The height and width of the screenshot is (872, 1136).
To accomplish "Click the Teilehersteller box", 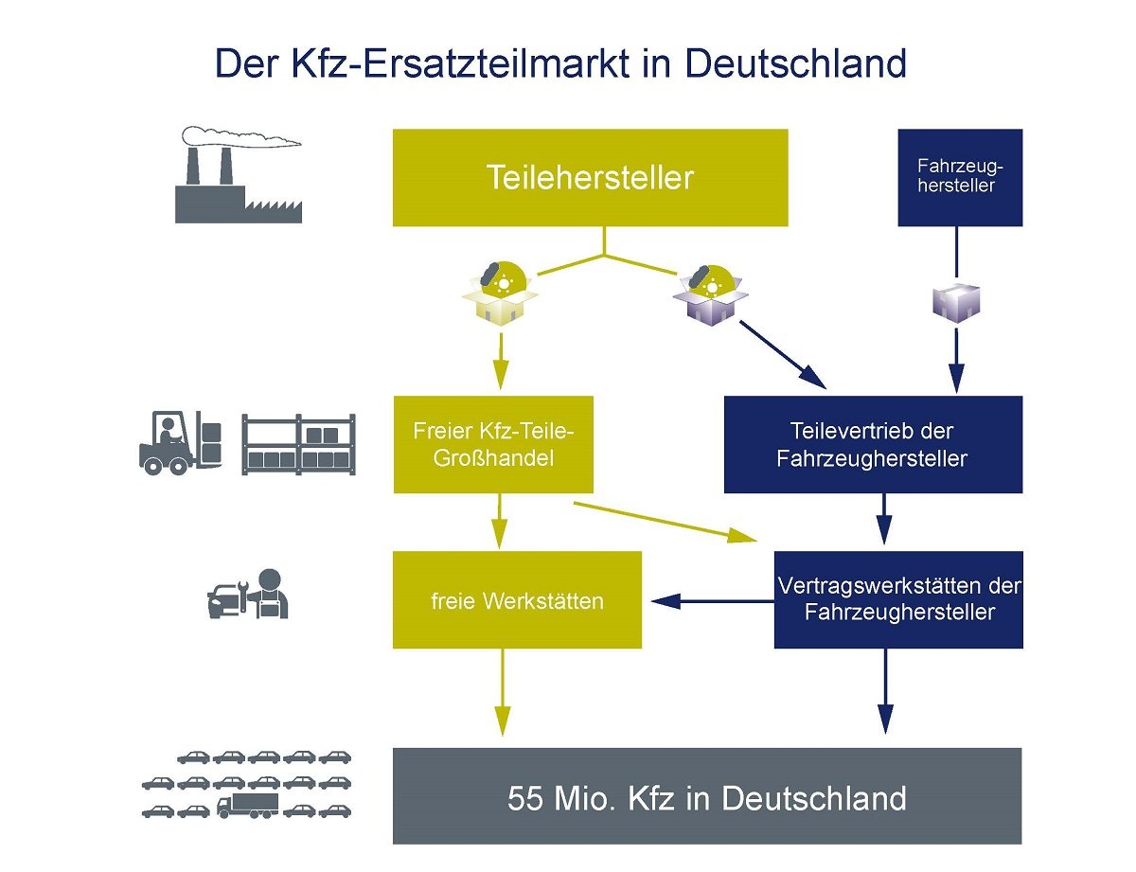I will pyautogui.click(x=590, y=178).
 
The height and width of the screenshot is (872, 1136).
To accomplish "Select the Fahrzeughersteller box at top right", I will pyautogui.click(x=960, y=178).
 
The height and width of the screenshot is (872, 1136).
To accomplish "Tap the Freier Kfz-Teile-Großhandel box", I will pyautogui.click(x=493, y=444).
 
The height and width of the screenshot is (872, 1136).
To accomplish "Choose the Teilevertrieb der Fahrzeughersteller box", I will pyautogui.click(x=872, y=444).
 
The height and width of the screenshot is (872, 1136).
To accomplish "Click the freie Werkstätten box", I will pyautogui.click(x=517, y=600).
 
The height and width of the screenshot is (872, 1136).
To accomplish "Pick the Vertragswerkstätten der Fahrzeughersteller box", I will pyautogui.click(x=898, y=600).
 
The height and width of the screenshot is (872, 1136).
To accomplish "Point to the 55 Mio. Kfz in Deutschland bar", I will pyautogui.click(x=707, y=796).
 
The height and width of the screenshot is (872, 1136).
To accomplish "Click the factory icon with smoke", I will pyautogui.click(x=238, y=180).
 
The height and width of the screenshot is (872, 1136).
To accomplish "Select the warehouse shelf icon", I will pyautogui.click(x=298, y=444).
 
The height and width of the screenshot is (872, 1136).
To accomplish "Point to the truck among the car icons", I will pyautogui.click(x=247, y=806).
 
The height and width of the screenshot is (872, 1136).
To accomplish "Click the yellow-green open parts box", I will pyautogui.click(x=500, y=293).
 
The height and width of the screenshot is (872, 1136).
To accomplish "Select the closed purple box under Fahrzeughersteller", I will pyautogui.click(x=956, y=302).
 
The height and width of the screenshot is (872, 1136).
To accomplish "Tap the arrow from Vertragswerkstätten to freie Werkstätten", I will pyautogui.click(x=710, y=600).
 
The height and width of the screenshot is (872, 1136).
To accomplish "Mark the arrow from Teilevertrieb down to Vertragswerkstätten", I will pyautogui.click(x=884, y=520).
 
